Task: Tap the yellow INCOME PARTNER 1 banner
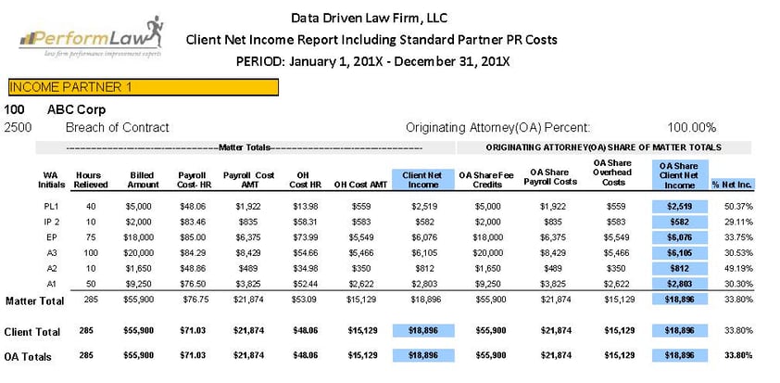144,87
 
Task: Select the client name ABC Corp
77,109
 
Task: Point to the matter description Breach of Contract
118,127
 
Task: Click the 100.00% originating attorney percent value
691,127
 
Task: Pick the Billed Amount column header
143,180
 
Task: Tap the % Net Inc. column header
734,185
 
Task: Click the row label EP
51,237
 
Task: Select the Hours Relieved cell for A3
91,253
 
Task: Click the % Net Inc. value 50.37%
738,206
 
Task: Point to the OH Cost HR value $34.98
304,268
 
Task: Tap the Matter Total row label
35,300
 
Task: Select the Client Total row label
32,332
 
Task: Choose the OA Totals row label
28,357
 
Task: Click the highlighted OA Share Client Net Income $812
680,268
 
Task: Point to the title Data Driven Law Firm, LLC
369,18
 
